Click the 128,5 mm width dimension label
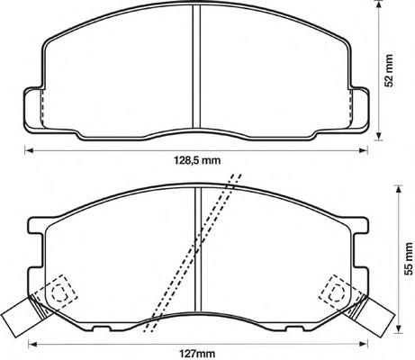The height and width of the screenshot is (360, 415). point(197,160)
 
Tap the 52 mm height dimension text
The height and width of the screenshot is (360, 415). point(389,71)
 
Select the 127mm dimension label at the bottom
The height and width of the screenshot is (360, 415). point(197,353)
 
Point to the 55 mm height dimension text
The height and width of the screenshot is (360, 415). point(408,259)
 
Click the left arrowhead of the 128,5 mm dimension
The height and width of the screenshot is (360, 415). point(28,150)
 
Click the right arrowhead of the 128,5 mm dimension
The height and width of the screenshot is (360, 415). point(364,150)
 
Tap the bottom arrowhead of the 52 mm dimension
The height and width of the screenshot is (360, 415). point(379,136)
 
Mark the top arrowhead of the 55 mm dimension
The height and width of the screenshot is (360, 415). point(398,190)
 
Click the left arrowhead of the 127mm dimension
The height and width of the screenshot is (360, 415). point(32,344)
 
